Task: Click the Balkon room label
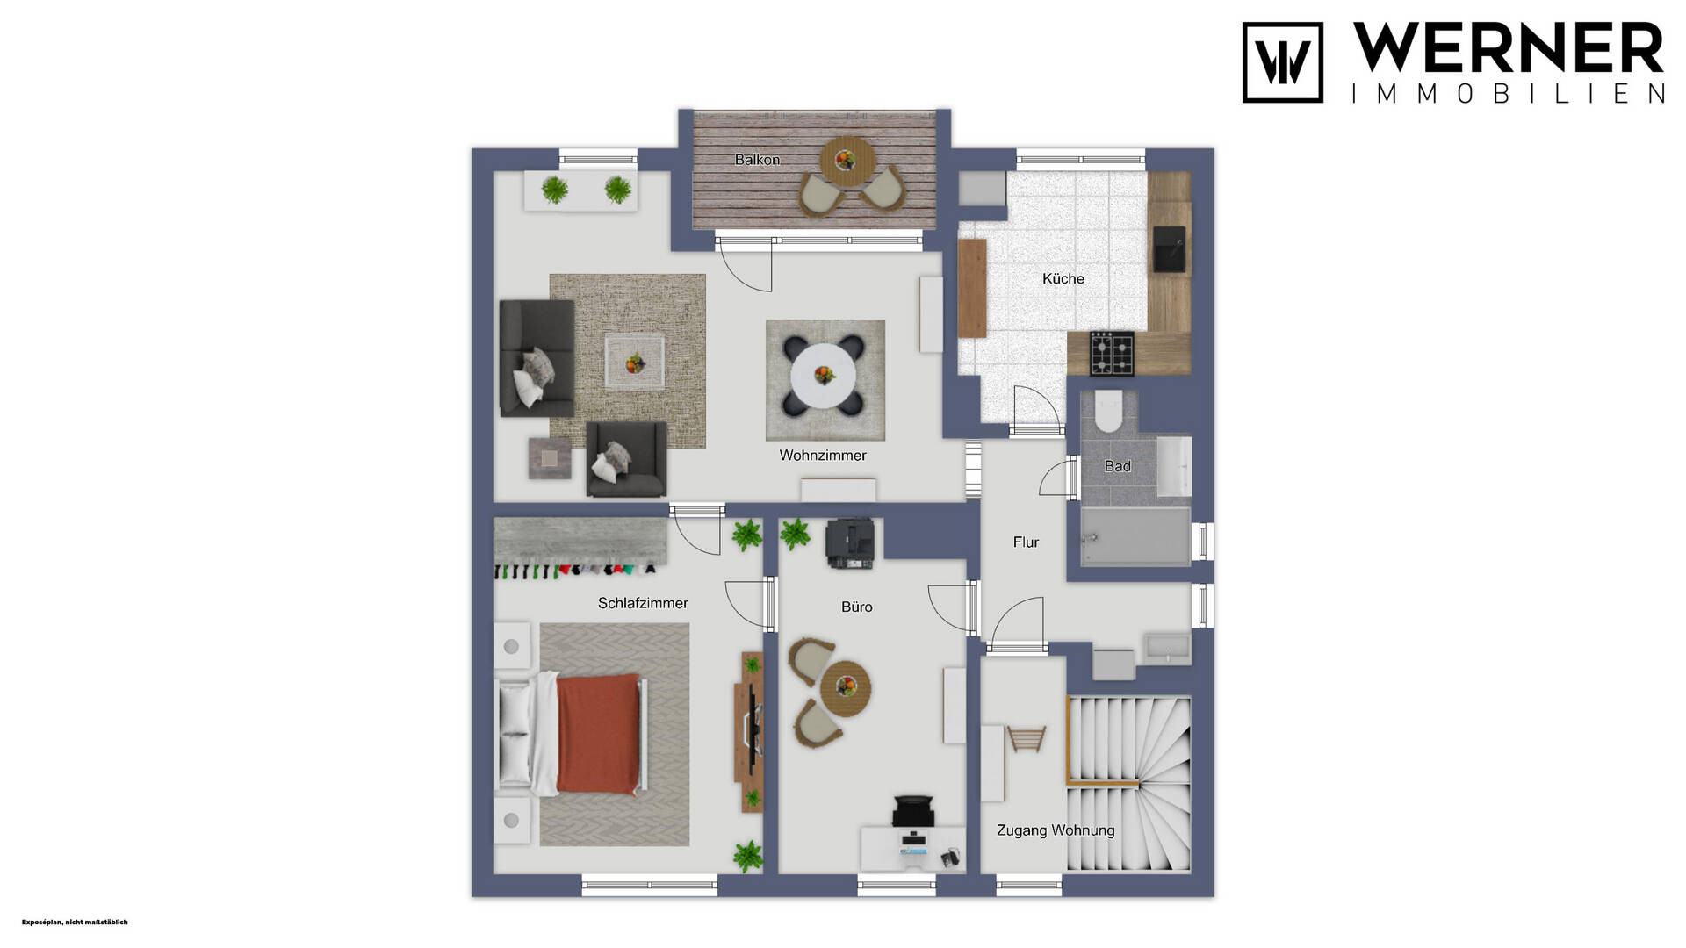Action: [x=757, y=160]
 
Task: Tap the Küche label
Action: [x=1063, y=279]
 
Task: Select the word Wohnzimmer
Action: [x=823, y=456]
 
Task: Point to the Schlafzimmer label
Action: [x=643, y=603]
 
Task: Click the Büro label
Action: [x=856, y=607]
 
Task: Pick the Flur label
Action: [x=1026, y=542]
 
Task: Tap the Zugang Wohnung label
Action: [x=1056, y=830]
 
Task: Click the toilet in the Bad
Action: [x=1108, y=412]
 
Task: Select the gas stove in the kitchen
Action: [x=1112, y=354]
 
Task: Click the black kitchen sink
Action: [x=1169, y=248]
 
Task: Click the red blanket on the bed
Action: [x=598, y=734]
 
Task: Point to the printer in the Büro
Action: [x=850, y=542]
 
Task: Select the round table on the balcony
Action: [x=847, y=161]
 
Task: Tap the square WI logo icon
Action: [x=1283, y=62]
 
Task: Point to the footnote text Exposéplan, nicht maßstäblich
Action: [x=75, y=922]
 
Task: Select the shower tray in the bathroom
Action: [x=1135, y=536]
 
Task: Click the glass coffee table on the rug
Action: [x=634, y=362]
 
